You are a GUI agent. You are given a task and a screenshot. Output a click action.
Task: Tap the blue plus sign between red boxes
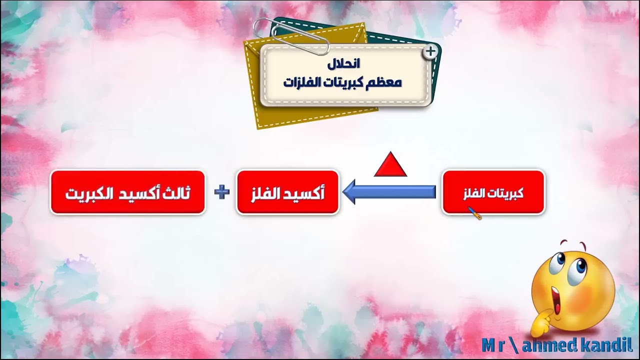point(221,192)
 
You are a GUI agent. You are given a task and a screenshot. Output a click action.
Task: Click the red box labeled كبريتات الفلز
point(493,192)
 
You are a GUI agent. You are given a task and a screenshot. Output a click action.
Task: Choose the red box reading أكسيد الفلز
point(287,192)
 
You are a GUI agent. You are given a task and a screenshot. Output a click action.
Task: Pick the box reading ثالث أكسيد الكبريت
point(127,192)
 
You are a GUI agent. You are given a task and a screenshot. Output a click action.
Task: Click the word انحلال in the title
point(343,64)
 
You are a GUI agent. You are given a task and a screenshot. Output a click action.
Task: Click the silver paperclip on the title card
point(292,35)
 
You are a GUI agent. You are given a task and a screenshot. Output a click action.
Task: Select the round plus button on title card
point(430,51)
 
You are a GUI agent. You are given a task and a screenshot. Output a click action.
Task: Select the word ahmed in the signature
point(538,344)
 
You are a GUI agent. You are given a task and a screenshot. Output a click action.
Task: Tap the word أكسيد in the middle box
point(306,193)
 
